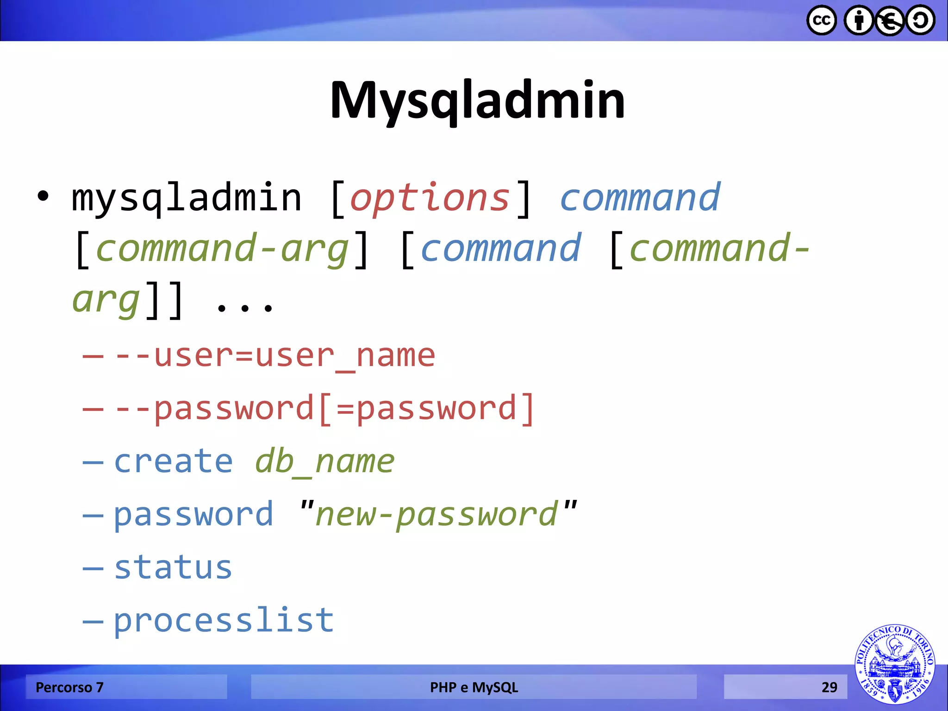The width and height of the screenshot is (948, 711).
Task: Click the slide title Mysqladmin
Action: click(x=477, y=100)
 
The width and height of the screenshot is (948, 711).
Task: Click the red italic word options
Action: click(x=430, y=198)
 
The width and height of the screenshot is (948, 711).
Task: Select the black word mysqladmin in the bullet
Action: click(x=187, y=198)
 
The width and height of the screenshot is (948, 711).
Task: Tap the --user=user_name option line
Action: click(x=275, y=356)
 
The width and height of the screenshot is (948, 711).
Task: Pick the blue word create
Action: click(x=173, y=462)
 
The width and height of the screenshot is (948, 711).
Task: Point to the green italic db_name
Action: click(x=324, y=462)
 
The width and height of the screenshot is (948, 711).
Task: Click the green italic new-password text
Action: click(x=437, y=514)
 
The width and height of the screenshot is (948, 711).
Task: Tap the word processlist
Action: click(x=224, y=620)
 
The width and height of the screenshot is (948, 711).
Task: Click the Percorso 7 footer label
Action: click(x=69, y=687)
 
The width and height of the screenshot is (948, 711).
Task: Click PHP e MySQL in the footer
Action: click(x=474, y=687)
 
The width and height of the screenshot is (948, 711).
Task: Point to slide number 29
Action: click(x=829, y=687)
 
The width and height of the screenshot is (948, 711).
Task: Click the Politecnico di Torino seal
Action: click(x=894, y=664)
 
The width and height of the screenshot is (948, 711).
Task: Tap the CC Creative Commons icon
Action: click(x=822, y=20)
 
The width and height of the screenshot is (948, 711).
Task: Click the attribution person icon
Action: click(x=859, y=20)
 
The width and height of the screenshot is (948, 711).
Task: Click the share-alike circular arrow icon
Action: click(x=920, y=20)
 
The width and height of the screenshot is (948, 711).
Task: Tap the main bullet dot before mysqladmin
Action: click(x=43, y=196)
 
